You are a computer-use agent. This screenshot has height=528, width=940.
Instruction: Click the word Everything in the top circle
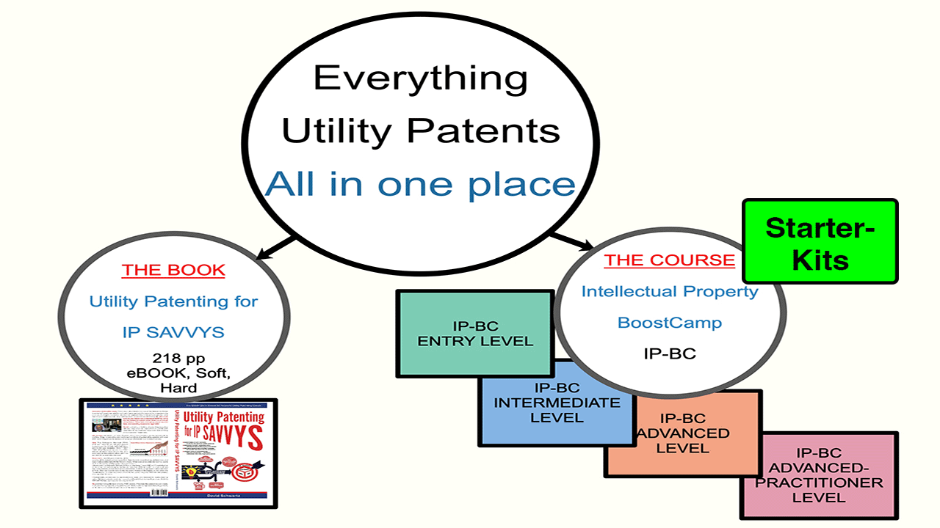[420, 78]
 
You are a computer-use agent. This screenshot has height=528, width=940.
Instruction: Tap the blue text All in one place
[420, 183]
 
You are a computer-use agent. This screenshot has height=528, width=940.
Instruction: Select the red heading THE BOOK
[173, 270]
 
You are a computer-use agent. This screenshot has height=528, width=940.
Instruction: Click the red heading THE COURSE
[668, 260]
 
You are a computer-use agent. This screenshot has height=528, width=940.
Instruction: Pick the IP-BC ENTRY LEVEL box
[474, 333]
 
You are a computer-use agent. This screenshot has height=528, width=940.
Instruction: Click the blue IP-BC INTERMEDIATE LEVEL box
[556, 403]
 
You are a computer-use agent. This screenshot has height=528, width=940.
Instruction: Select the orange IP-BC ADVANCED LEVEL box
[683, 433]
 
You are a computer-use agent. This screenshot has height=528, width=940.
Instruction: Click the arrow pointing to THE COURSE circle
[573, 240]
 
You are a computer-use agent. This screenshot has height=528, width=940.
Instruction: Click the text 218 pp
[173, 359]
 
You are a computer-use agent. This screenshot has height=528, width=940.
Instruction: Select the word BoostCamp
[669, 323]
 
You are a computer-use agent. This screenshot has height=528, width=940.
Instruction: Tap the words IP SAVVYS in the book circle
[173, 332]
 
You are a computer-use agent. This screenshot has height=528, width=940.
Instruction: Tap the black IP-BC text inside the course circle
[669, 353]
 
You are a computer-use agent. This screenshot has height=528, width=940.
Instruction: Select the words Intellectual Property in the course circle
[669, 291]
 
